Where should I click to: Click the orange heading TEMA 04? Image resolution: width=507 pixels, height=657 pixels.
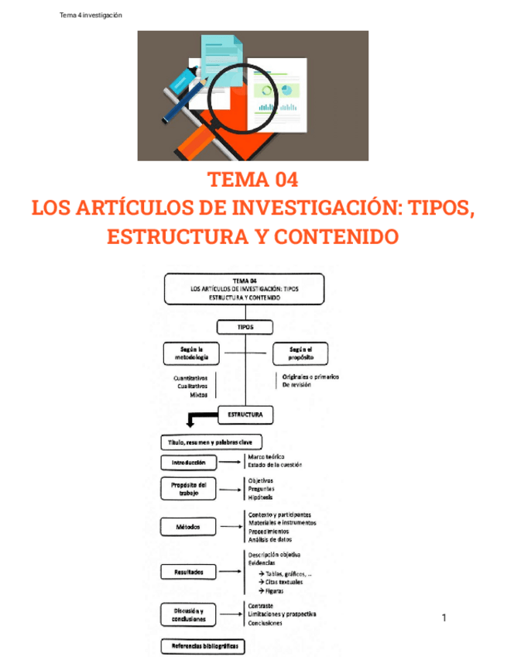click(252, 181)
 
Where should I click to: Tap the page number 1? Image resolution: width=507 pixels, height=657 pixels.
click(444, 617)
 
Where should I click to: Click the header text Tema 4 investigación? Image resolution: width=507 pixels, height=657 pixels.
click(91, 16)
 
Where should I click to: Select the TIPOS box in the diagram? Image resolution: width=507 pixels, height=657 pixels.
click(245, 328)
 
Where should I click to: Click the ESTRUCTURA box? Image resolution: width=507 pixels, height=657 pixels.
click(245, 415)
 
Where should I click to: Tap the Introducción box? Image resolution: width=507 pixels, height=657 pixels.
click(189, 463)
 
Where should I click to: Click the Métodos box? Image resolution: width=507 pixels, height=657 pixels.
click(189, 527)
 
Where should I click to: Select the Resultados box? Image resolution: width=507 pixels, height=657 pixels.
click(189, 572)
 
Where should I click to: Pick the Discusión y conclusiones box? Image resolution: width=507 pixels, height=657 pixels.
click(189, 615)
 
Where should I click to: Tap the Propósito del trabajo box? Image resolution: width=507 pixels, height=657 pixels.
click(189, 489)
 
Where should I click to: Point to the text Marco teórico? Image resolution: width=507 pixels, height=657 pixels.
click(267, 458)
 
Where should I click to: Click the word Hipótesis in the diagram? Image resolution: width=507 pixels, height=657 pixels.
click(261, 497)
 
